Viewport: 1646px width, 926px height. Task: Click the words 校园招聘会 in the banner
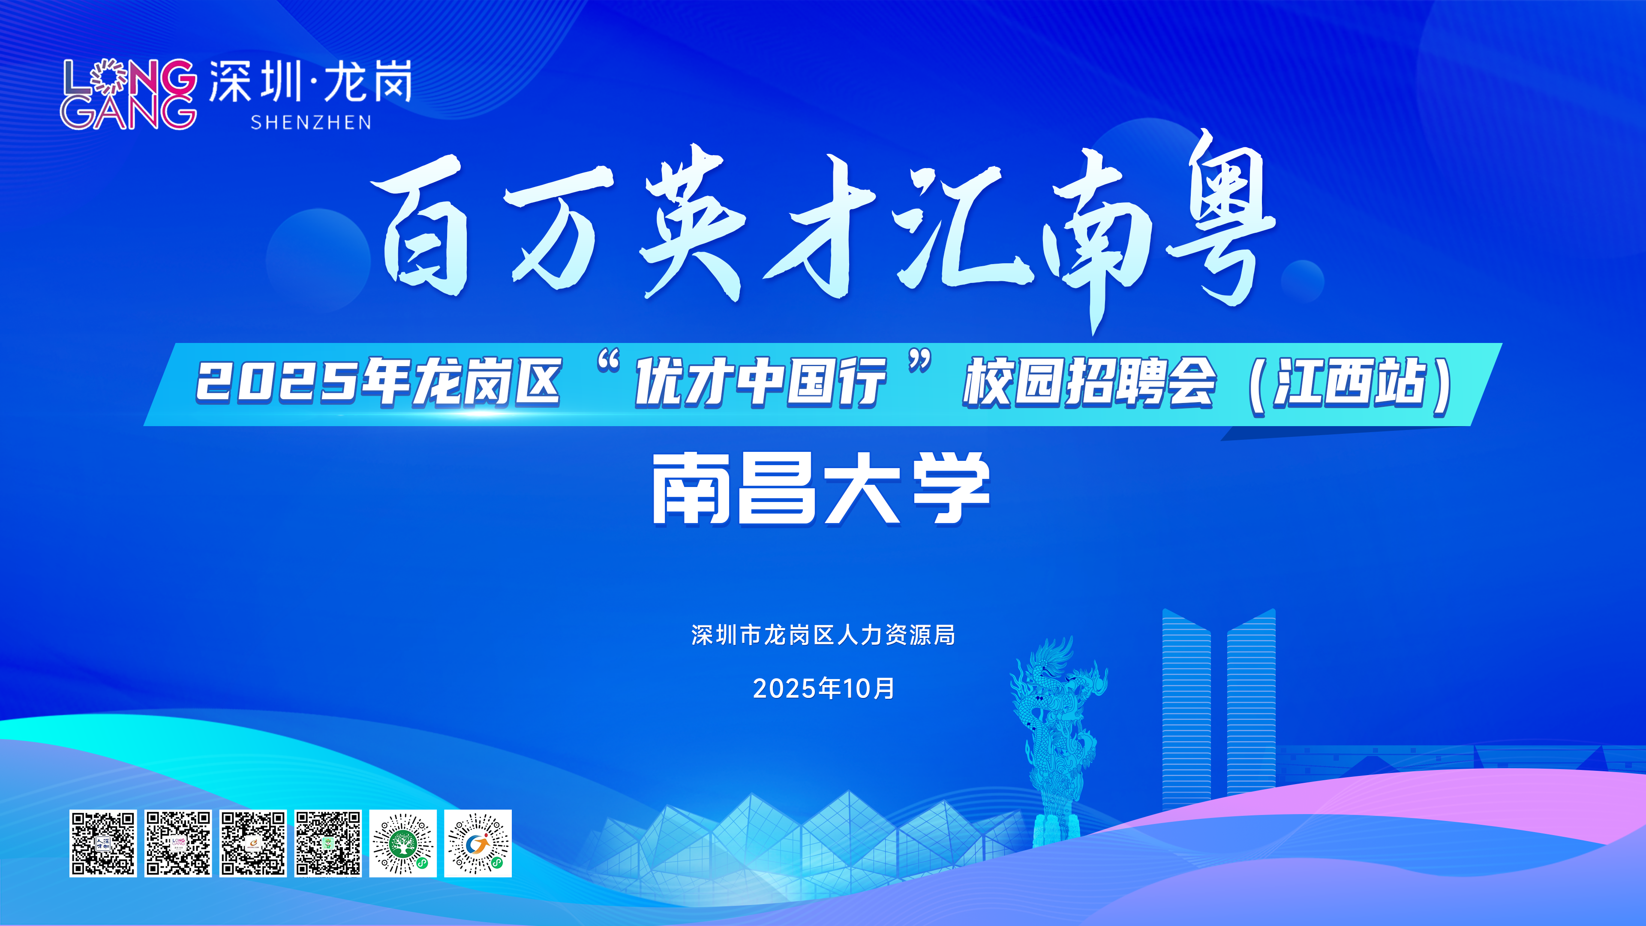(x=1090, y=382)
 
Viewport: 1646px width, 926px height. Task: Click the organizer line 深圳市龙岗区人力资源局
(x=823, y=635)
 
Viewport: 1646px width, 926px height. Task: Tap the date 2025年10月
(x=823, y=688)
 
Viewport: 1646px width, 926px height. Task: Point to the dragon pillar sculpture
(x=1057, y=741)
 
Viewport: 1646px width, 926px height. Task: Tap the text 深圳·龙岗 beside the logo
(x=310, y=82)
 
